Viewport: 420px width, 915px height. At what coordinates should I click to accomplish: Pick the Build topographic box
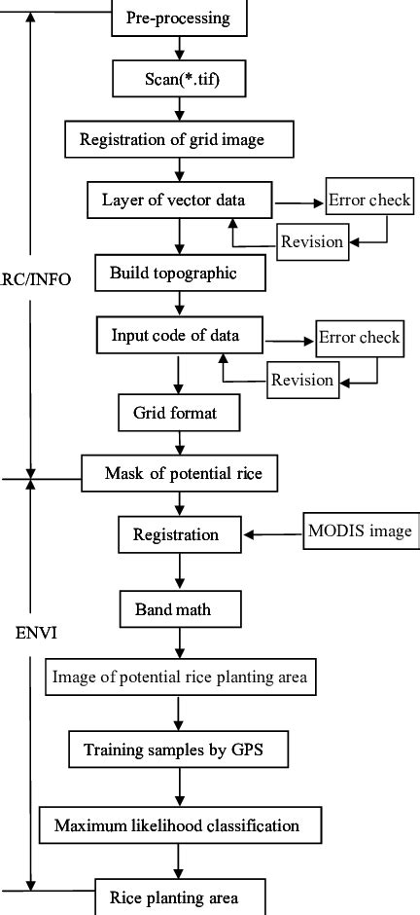180,273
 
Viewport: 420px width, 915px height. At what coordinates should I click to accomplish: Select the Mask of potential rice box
191,474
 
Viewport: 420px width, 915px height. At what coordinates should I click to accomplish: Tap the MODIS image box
360,532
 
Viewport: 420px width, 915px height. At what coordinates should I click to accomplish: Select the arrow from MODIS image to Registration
274,533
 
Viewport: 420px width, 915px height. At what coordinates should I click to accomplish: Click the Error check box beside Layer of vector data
369,201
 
